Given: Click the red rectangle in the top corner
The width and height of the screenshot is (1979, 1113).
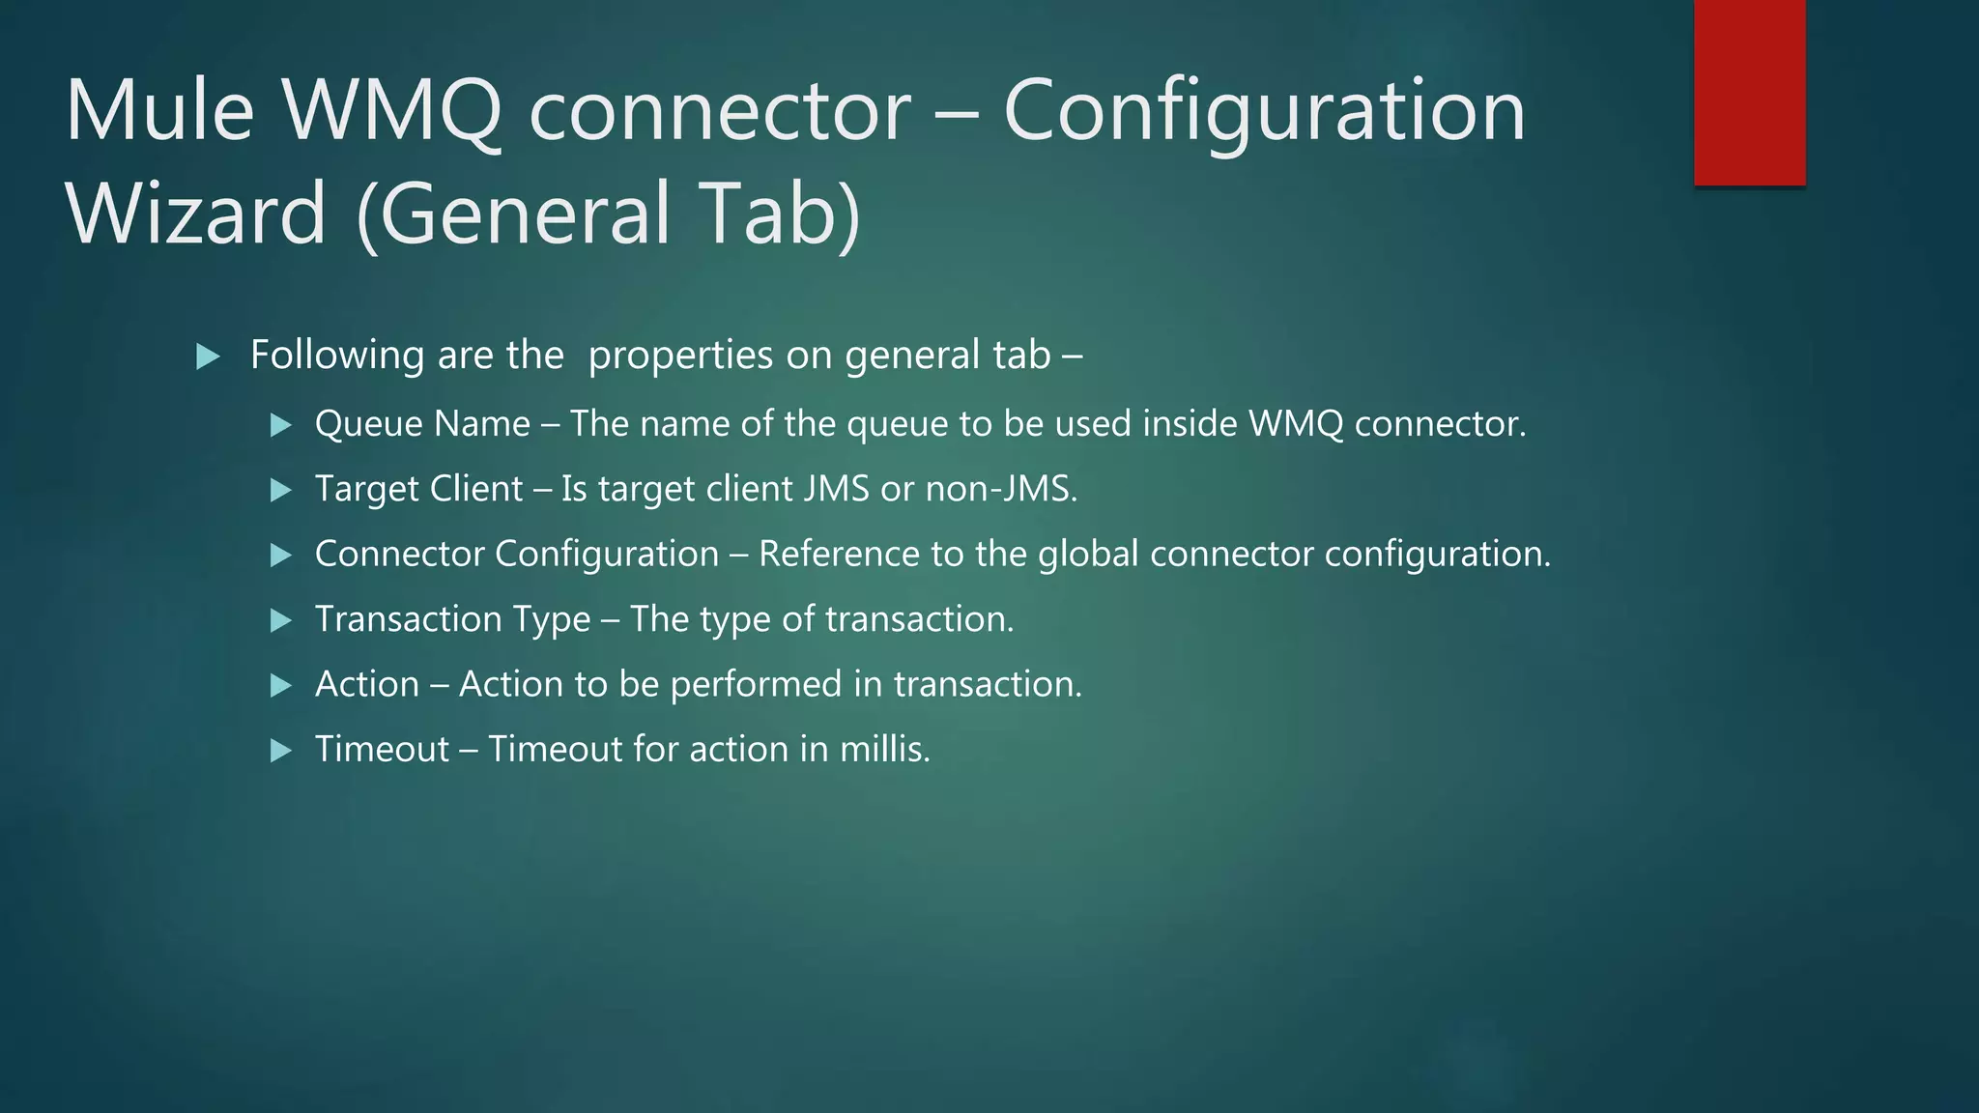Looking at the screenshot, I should [1749, 93].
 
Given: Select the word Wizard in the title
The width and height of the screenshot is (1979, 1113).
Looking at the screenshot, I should [196, 214].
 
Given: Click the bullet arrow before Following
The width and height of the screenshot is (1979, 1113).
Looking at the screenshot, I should [208, 357].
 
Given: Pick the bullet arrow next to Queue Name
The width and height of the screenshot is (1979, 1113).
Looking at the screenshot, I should [281, 424].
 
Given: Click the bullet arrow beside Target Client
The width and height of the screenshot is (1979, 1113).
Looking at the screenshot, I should [281, 490].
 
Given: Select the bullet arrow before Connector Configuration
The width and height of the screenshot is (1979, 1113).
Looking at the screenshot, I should [281, 555].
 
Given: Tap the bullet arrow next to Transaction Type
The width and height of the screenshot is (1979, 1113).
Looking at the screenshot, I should [281, 620].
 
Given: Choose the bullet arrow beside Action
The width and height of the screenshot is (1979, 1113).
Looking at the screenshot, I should [281, 685].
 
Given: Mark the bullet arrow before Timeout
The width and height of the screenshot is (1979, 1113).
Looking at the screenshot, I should [281, 750].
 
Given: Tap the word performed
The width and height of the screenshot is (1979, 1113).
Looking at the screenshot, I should [756, 684].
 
